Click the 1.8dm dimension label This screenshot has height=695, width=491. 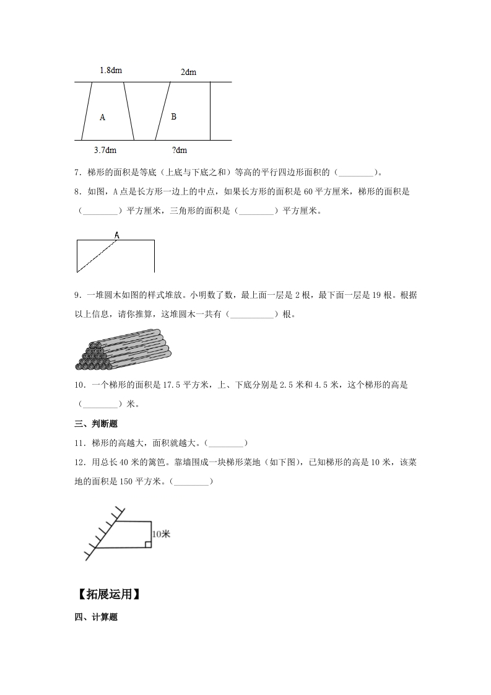pos(111,71)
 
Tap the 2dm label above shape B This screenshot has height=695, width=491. pos(188,72)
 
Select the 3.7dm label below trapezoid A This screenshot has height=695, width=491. pos(105,150)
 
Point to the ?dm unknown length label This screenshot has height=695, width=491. pos(179,150)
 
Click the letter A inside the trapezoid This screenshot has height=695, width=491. pos(102,117)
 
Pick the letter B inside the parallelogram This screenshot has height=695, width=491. pos(173,116)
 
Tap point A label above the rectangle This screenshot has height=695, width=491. pos(116,235)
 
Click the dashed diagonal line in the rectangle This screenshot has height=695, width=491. pos(97,256)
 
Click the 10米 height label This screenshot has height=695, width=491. pos(160,533)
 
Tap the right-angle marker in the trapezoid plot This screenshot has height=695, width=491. pos(148,544)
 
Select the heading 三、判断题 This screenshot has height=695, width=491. pos(96,424)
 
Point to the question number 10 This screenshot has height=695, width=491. pos(79,385)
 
